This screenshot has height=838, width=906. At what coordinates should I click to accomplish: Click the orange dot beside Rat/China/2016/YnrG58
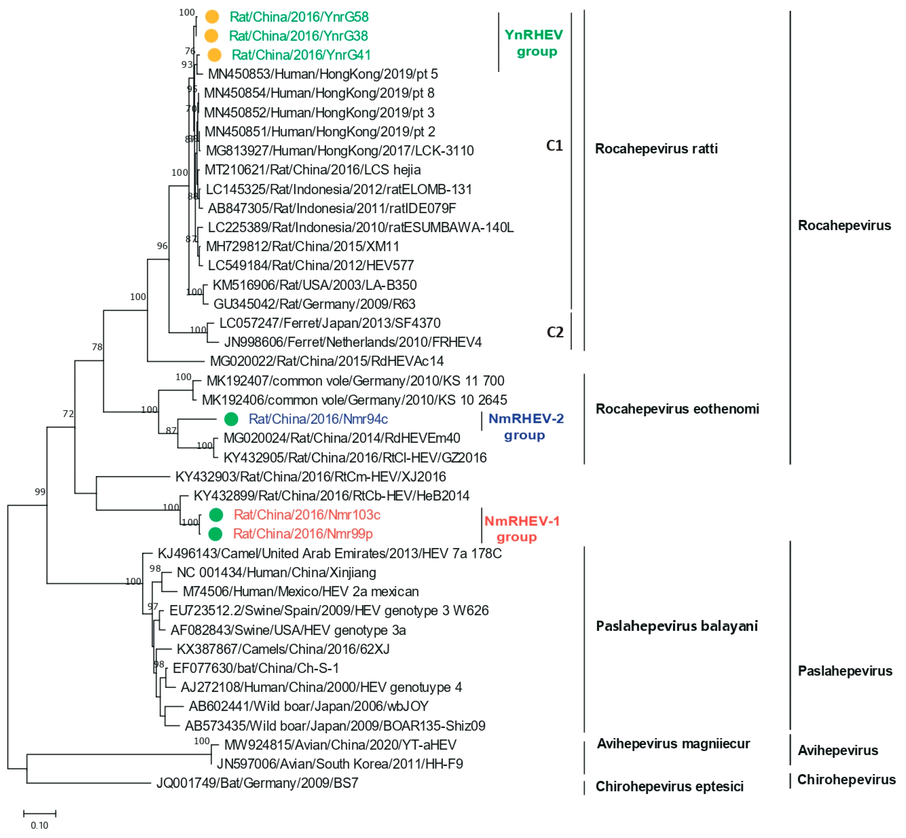pyautogui.click(x=212, y=17)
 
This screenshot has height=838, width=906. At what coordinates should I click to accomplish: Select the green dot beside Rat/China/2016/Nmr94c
pyautogui.click(x=231, y=419)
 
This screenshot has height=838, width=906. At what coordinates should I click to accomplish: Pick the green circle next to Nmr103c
pyautogui.click(x=216, y=515)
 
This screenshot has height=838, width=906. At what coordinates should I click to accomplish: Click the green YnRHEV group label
pyautogui.click(x=534, y=43)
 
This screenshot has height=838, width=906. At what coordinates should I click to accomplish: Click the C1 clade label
pyautogui.click(x=554, y=146)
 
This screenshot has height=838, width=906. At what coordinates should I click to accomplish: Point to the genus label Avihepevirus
pyautogui.click(x=838, y=750)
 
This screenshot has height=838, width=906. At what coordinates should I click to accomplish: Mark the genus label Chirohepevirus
pyautogui.click(x=846, y=779)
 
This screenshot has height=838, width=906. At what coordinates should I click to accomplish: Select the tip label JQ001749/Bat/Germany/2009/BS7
pyautogui.click(x=257, y=783)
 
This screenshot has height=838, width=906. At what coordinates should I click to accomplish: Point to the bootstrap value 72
pyautogui.click(x=68, y=414)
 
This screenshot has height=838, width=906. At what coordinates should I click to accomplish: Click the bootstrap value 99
pyautogui.click(x=40, y=492)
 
